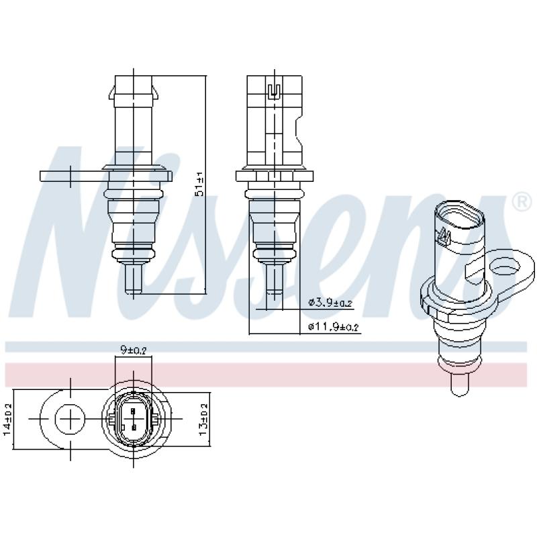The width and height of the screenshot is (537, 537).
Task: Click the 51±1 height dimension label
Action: [x=199, y=183]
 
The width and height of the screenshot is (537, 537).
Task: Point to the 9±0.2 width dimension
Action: [x=134, y=350]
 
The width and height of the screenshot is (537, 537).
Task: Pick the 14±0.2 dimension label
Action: [x=8, y=420]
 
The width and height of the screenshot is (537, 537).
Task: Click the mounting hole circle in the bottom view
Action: [x=70, y=420]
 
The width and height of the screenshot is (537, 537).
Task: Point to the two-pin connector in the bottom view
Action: [x=134, y=420]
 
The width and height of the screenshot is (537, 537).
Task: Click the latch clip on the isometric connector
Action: [x=443, y=236]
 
